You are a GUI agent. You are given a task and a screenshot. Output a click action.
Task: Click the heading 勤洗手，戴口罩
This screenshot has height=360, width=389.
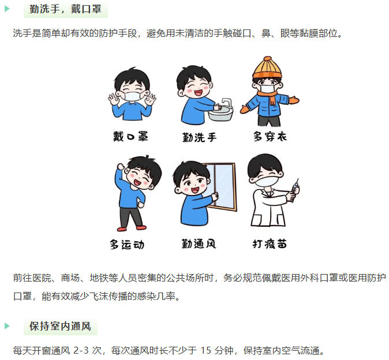tap(65, 9)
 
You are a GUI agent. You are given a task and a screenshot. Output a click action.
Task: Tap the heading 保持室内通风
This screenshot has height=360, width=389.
tap(60, 327)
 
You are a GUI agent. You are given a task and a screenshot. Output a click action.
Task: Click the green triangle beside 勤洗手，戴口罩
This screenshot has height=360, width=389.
tap(7, 9)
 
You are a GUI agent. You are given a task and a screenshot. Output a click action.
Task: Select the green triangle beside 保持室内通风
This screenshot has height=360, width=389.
tap(7, 326)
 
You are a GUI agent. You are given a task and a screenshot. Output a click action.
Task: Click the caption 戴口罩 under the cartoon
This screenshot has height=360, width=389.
tap(130, 137)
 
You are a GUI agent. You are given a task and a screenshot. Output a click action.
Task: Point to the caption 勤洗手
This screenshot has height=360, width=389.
tap(200, 137)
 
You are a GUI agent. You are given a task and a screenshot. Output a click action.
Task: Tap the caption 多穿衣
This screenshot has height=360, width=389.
tap(270, 137)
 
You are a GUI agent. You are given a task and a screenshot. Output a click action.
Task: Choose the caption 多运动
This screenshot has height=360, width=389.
tap(127, 245)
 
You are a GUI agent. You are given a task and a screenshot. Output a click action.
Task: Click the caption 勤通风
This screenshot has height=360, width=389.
tap(199, 244)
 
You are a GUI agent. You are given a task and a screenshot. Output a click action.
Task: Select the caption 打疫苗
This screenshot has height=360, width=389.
tap(270, 244)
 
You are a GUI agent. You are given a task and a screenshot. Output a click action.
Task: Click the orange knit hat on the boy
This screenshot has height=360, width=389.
tap(267, 67)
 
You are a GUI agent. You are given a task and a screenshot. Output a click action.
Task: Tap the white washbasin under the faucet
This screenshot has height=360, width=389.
tap(220, 114)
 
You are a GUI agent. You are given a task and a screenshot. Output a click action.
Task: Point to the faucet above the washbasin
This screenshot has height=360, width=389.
tap(227, 102)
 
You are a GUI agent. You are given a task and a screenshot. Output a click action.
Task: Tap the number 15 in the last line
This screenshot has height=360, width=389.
tap(205, 351)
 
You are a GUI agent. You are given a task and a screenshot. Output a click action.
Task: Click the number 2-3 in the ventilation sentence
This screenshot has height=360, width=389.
tap(81, 351)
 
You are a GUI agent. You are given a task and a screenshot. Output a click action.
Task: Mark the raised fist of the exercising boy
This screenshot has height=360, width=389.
tap(121, 166)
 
